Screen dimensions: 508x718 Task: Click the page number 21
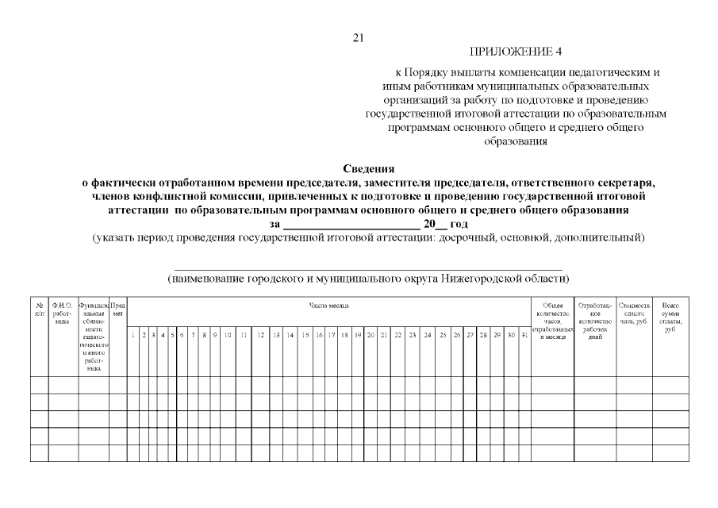(358, 37)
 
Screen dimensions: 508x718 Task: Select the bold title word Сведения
(368, 168)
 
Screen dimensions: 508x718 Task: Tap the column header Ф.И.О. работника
(62, 310)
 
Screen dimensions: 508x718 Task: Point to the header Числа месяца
(328, 305)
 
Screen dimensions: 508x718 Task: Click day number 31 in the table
(524, 336)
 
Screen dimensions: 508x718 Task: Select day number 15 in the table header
(305, 336)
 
